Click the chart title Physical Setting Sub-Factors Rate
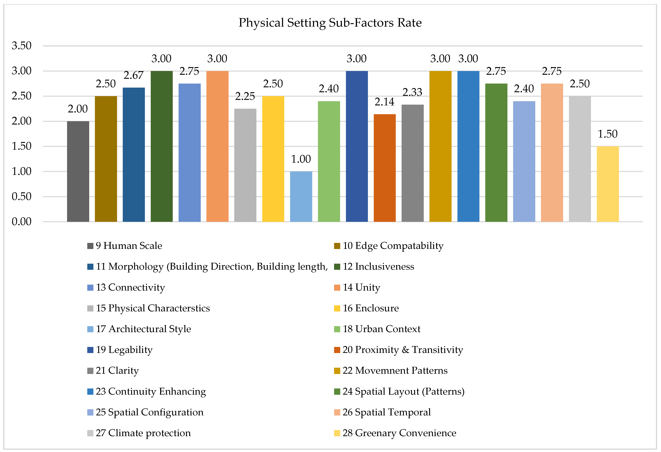[330, 23]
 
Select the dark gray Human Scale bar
[78, 171]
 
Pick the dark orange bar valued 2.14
[385, 168]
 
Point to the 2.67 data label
[133, 75]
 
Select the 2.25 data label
[245, 96]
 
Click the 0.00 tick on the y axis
[22, 222]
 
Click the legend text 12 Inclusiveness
[378, 267]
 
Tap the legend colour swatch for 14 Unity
[337, 287]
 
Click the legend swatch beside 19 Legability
[90, 350]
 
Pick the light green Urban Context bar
[329, 161]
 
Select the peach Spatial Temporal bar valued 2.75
[552, 153]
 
